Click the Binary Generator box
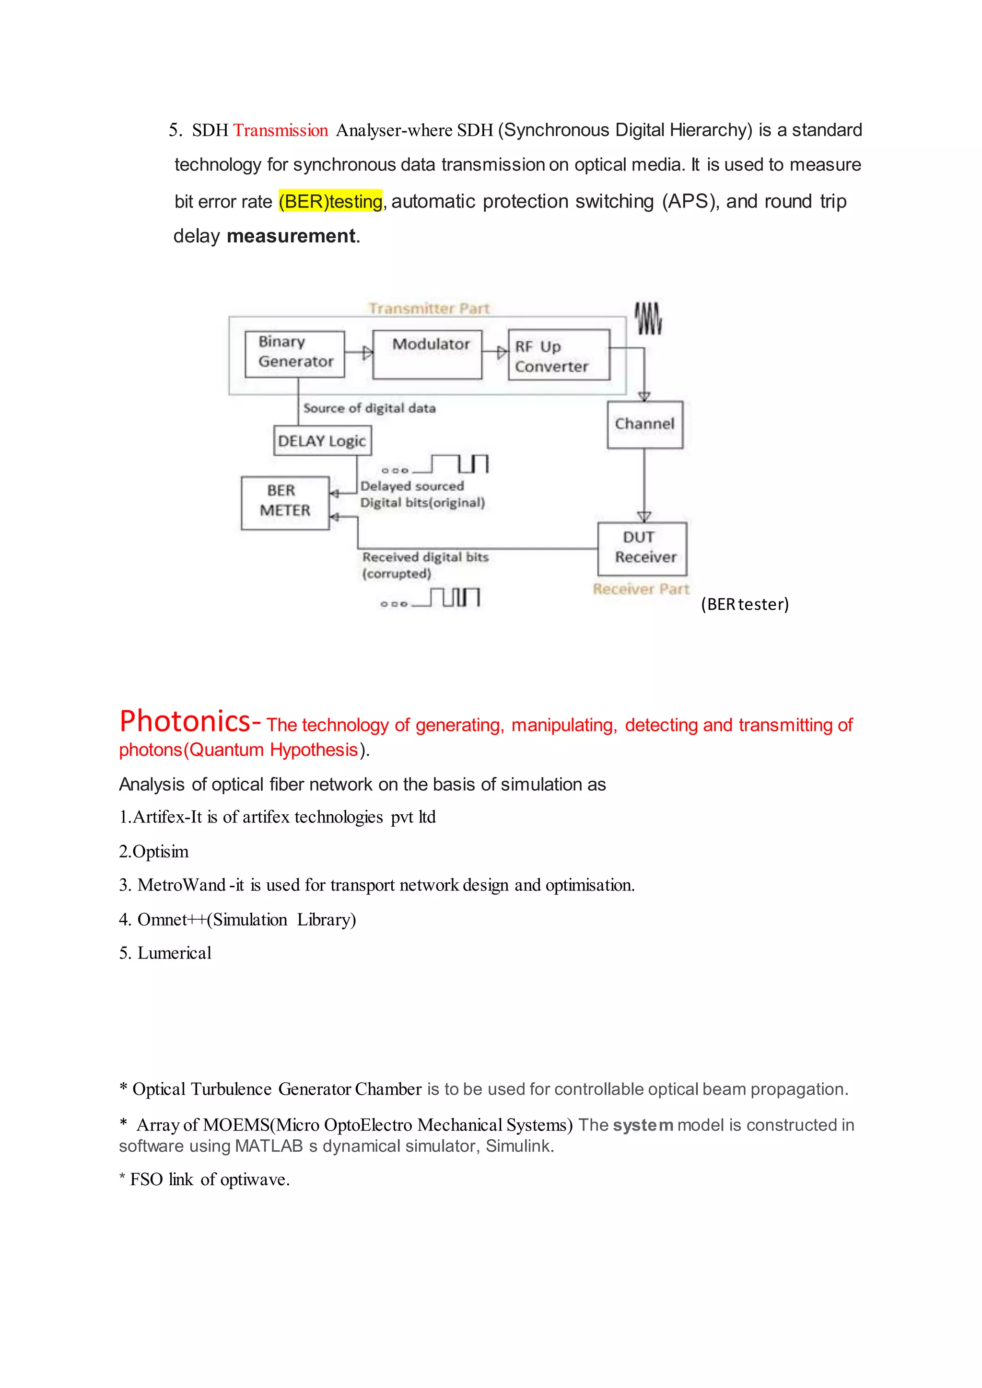point(295,354)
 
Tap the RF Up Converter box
point(559,355)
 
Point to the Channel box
point(644,424)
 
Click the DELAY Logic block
point(322,441)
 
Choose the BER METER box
point(285,502)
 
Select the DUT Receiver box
point(642,548)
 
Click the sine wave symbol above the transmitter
point(648,319)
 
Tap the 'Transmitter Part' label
point(429,308)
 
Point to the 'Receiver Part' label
point(641,589)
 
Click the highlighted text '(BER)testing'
point(331,201)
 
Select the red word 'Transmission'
point(281,130)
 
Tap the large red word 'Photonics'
point(185,722)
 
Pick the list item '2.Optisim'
point(153,852)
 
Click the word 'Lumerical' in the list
point(174,953)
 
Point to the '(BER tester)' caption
point(745,604)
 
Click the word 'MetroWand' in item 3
point(181,886)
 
